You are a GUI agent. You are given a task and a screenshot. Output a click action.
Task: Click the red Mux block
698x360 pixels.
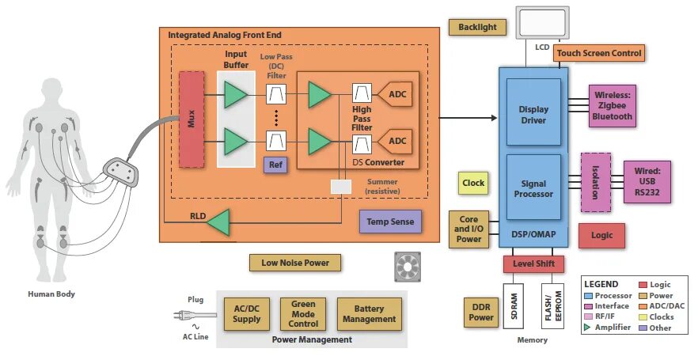pos(192,119)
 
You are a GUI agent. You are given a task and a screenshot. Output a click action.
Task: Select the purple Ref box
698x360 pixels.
pos(275,165)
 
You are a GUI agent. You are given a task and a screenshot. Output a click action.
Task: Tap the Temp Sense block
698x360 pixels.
pos(391,222)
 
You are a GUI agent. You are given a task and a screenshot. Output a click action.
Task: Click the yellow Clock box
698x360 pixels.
pos(473,184)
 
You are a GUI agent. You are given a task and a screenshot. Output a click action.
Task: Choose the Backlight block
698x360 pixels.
pos(477,27)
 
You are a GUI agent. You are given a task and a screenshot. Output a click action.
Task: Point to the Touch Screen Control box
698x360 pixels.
pos(599,53)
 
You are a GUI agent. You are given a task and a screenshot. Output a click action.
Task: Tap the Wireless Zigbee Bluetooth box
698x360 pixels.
pos(613,107)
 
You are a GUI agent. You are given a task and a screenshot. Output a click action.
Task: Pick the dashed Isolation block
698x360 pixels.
pos(595,183)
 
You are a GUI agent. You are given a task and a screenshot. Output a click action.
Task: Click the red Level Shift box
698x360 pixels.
pos(533,263)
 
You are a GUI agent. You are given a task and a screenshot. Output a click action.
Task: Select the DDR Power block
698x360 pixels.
pos(483,313)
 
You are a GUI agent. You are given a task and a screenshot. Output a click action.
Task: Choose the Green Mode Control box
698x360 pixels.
pos(303,313)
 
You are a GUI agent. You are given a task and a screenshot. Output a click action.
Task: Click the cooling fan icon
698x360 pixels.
pos(409,267)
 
